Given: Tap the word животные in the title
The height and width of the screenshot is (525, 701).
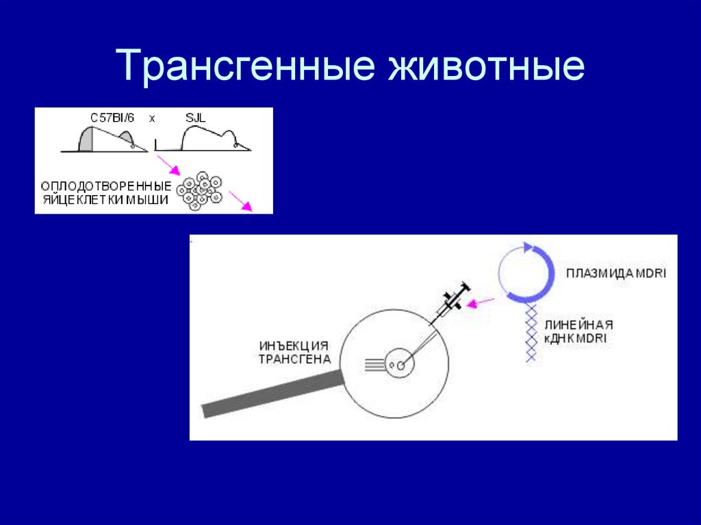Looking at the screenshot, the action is (x=487, y=67).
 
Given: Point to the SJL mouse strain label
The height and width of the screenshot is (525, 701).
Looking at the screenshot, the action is (x=195, y=118).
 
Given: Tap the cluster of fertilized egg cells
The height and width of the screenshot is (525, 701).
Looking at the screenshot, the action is (x=199, y=190).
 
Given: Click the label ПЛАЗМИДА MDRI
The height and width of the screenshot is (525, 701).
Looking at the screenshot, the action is (x=616, y=274).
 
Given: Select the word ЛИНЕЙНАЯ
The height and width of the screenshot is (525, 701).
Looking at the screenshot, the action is (x=579, y=325).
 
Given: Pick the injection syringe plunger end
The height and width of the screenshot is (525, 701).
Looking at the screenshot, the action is (x=464, y=287).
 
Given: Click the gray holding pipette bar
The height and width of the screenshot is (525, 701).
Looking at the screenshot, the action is (x=274, y=395).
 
